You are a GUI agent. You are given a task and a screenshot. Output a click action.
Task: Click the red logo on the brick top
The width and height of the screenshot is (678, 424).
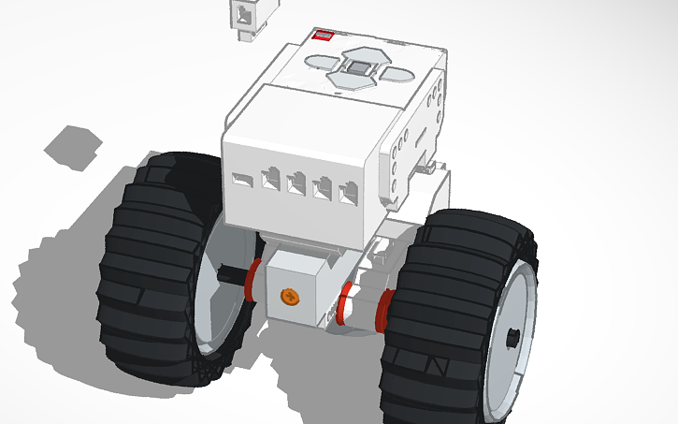(x=323, y=36)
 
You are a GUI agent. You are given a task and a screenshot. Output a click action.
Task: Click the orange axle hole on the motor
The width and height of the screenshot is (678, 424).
(x=290, y=297)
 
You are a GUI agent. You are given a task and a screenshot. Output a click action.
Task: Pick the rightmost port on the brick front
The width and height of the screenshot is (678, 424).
(x=349, y=195)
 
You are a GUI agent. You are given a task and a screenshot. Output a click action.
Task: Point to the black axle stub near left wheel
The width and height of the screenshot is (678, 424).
(x=228, y=275)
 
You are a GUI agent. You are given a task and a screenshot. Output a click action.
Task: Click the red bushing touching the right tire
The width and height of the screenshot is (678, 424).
(x=382, y=312)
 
